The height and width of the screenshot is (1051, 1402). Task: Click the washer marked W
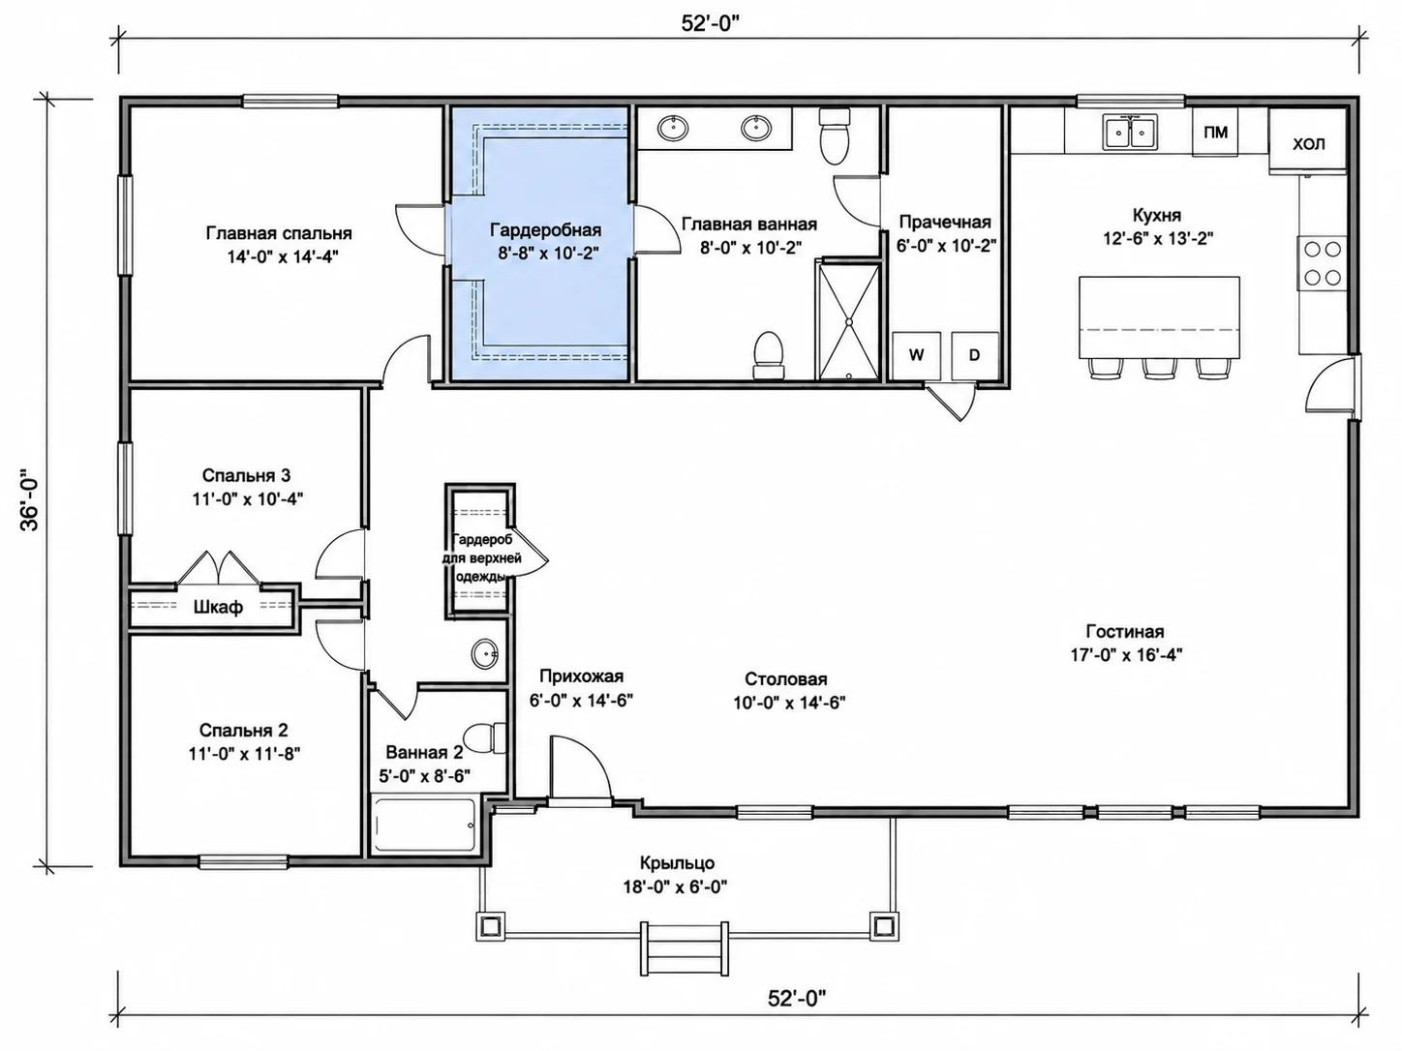point(916,355)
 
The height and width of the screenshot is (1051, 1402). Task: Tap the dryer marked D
point(974,355)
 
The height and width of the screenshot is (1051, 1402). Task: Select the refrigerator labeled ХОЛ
point(1308,140)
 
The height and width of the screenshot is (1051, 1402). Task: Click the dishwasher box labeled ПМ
point(1215,132)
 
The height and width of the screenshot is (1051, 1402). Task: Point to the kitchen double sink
point(1130,132)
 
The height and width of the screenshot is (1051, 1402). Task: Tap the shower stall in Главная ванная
point(849,322)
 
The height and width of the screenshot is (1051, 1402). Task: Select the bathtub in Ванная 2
point(424,825)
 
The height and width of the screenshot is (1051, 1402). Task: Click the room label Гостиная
point(1125,631)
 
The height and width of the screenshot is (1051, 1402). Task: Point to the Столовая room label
point(785,679)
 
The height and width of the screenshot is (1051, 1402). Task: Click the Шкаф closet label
point(218,607)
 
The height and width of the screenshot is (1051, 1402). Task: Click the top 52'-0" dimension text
point(711,23)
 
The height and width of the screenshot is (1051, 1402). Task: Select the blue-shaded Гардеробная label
point(545,229)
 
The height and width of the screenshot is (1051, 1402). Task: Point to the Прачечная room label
point(945,222)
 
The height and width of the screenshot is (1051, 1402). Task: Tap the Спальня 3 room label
point(246,475)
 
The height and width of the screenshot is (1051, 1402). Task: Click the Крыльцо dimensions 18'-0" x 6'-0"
point(675,887)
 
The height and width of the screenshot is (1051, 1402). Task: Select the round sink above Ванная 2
point(485,654)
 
